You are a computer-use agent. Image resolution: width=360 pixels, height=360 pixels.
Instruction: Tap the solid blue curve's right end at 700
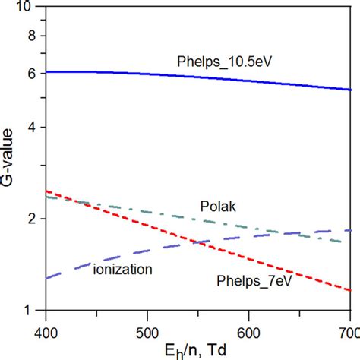click(349, 90)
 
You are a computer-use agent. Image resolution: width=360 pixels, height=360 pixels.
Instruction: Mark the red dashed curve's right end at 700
click(349, 290)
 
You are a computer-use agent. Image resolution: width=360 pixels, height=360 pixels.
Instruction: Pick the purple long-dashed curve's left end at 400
click(47, 278)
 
